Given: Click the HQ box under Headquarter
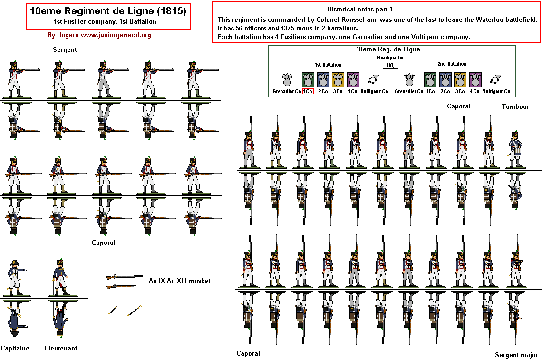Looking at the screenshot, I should pos(390,66).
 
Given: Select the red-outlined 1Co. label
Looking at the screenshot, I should pos(308,91).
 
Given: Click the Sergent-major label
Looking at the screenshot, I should pos(516,355).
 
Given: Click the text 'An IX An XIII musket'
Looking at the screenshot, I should pos(179,281).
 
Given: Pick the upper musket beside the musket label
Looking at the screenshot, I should pos(125,277).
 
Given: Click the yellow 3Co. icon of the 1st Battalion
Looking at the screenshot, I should pos(338,78).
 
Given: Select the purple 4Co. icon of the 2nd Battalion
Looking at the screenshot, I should pos(475,78).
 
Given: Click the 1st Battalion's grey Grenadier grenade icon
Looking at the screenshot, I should pos(287,78).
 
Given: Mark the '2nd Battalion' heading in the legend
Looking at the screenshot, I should pos(452,64).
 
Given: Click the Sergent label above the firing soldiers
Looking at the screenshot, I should pos(65,49).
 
